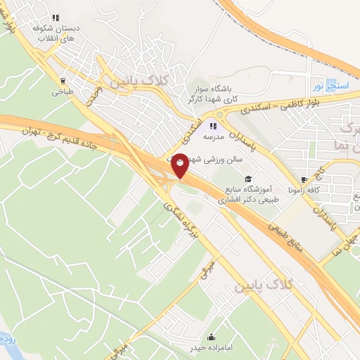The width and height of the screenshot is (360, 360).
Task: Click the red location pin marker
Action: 180,165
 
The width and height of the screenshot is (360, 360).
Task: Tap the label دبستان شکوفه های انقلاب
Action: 55,33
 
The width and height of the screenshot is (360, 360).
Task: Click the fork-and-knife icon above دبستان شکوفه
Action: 56,18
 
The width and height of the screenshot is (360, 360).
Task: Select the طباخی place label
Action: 62,91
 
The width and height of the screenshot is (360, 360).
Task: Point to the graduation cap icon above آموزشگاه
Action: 247,179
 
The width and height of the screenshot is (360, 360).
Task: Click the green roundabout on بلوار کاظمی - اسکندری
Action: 220,115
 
